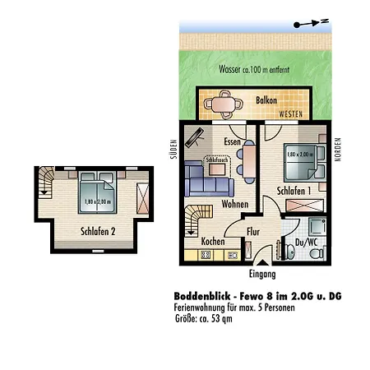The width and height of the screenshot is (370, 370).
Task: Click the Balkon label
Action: coord(266,99)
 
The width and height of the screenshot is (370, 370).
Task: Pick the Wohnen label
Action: coord(234,204)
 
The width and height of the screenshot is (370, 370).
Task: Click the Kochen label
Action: coord(213,242)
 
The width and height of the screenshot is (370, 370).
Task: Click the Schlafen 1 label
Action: coord(294,191)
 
